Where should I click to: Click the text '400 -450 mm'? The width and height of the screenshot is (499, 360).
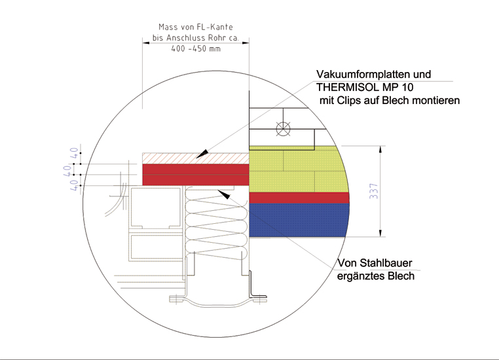[195, 49]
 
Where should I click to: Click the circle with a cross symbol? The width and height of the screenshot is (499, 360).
[282, 129]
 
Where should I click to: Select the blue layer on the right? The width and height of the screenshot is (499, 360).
[298, 220]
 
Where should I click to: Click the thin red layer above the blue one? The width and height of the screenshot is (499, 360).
[298, 198]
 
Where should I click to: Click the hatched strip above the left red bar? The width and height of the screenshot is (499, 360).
[195, 158]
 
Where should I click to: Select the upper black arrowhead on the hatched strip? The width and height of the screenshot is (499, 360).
[204, 154]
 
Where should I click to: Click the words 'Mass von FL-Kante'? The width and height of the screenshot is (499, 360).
[195, 27]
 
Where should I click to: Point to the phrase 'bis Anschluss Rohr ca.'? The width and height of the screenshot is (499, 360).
[195, 38]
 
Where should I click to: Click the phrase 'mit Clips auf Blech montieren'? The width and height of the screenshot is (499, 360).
[390, 101]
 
